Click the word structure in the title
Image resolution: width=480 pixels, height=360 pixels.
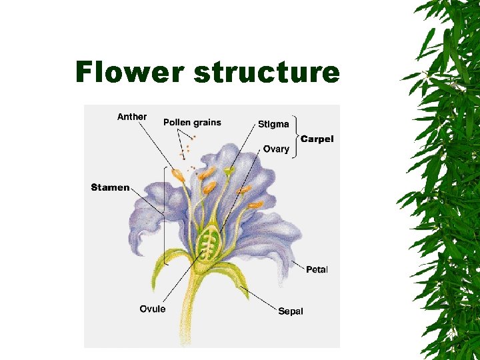(266, 72)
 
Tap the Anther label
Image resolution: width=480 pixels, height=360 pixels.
(132, 117)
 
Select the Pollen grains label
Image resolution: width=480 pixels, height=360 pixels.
(192, 123)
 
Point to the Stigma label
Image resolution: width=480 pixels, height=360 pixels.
(273, 124)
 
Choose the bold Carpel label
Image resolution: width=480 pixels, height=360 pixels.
(317, 139)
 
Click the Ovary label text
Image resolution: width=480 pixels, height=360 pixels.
(276, 149)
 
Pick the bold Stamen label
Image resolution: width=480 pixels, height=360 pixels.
(110, 187)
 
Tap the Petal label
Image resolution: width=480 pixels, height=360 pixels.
(317, 269)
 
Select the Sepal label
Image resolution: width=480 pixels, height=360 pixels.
(291, 311)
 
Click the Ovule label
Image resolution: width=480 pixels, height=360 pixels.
(153, 309)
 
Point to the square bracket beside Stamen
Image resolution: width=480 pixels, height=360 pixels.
(164, 213)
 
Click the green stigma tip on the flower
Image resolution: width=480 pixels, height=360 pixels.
(229, 172)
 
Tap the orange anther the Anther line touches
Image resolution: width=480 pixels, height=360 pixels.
(178, 176)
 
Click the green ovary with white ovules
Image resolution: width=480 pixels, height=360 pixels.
(210, 241)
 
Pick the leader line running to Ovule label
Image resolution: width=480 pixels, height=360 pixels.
(180, 280)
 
